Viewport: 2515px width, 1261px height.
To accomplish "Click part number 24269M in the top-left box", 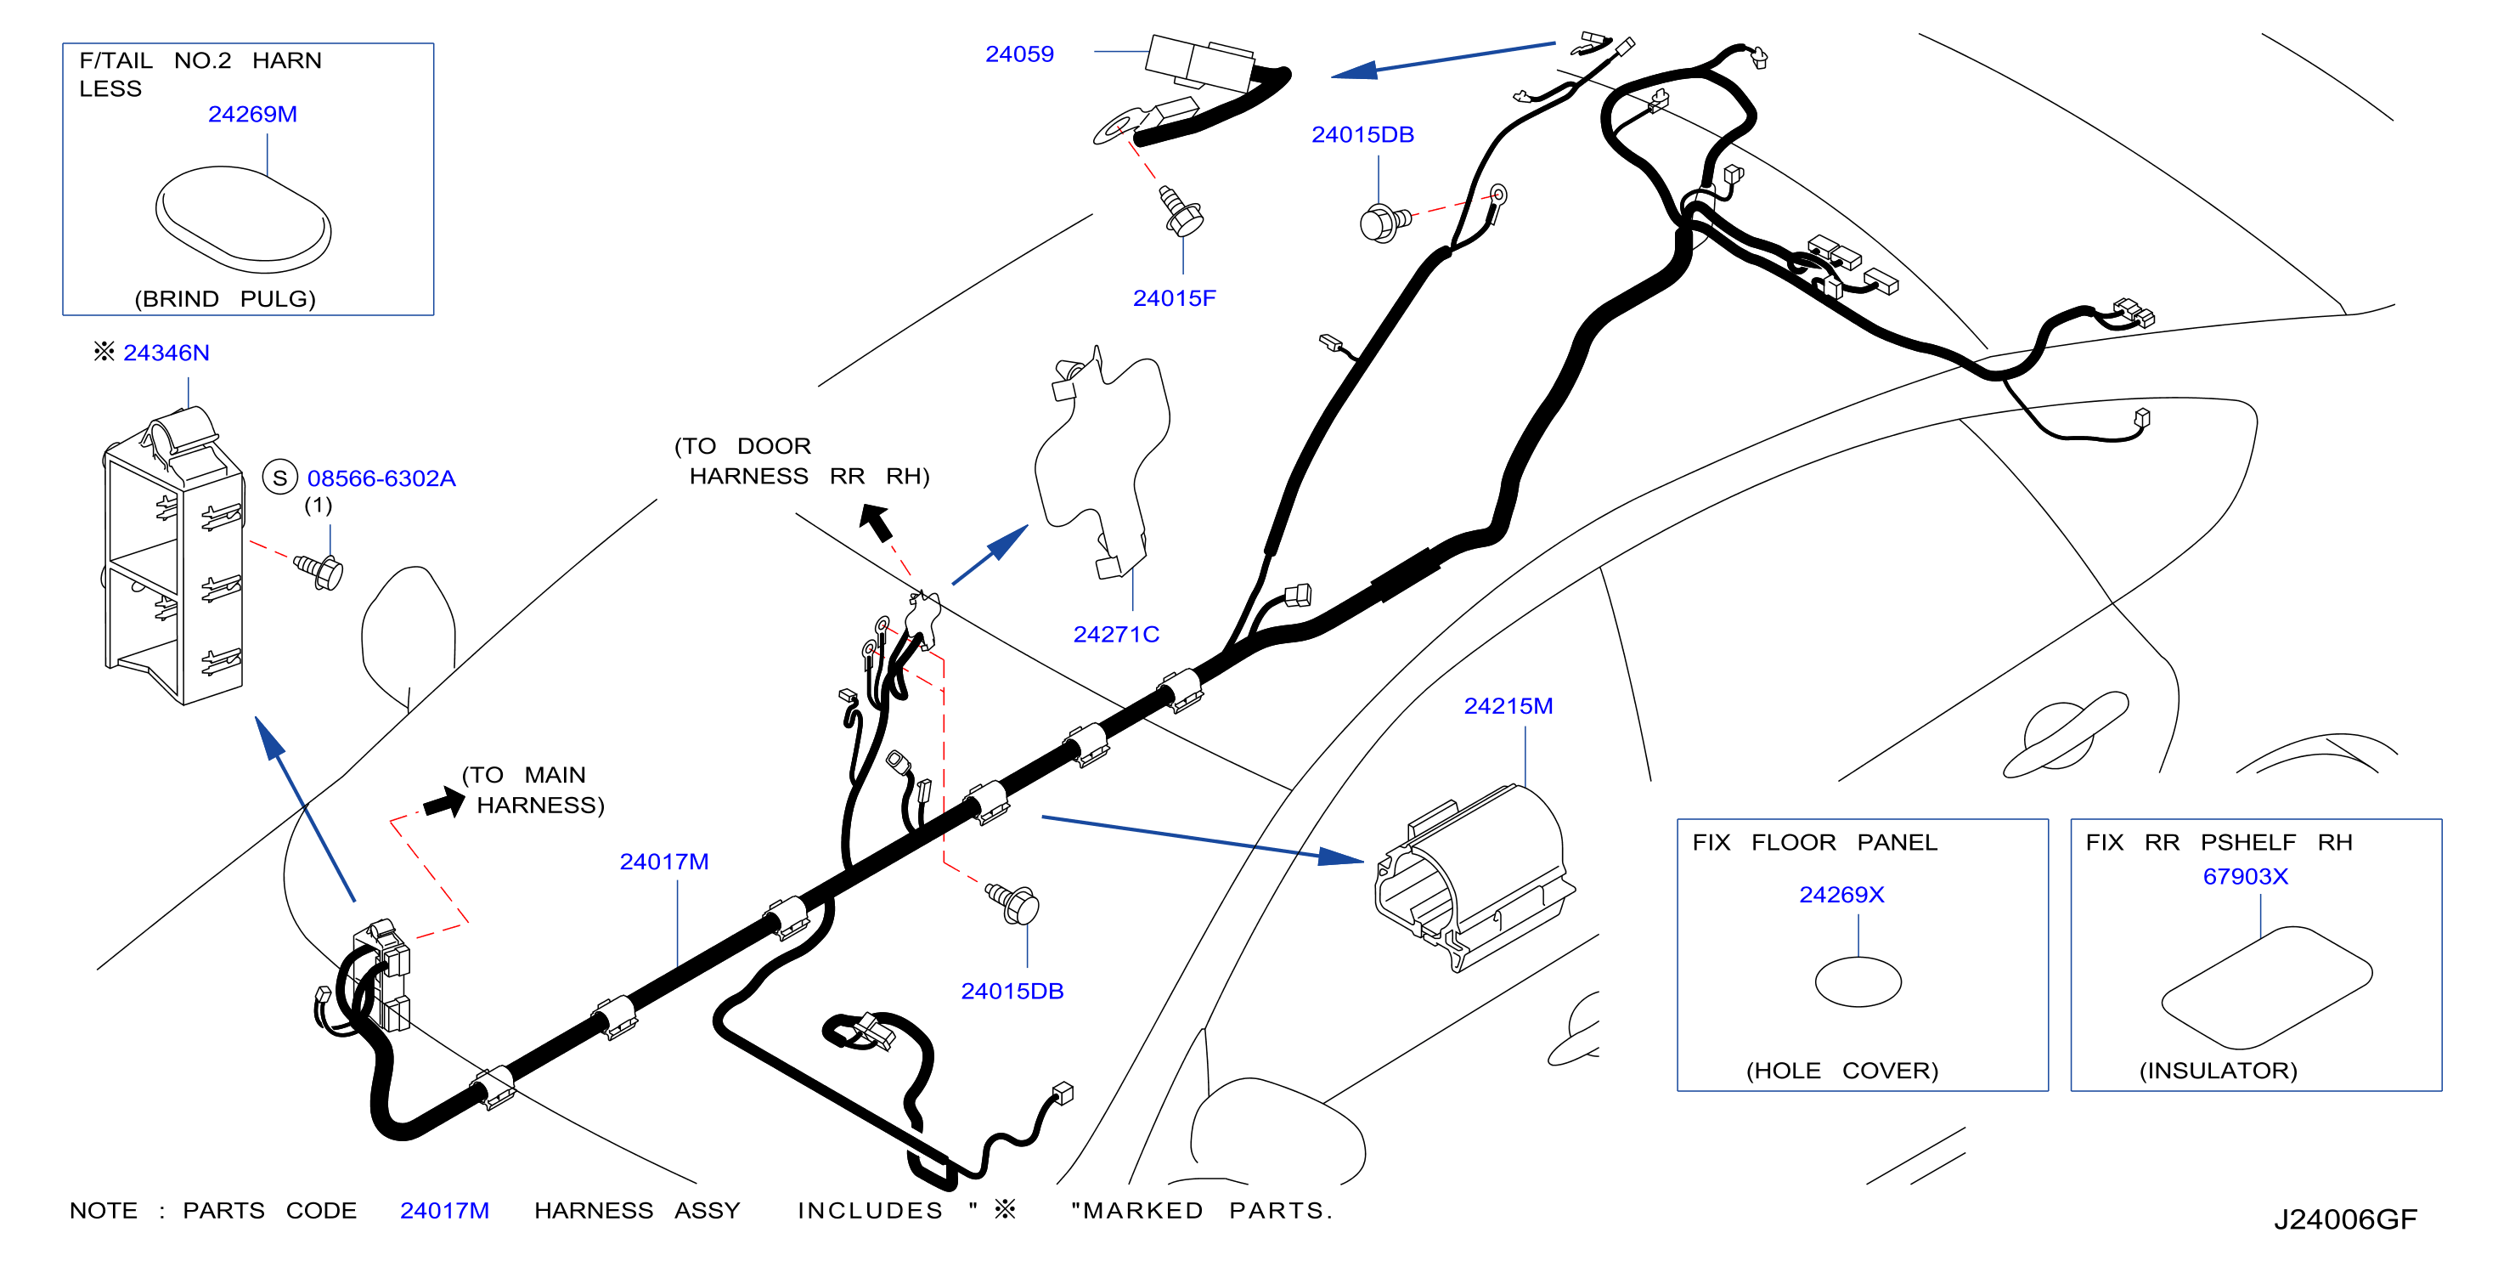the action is tap(252, 114).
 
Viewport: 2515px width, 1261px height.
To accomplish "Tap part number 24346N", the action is tap(166, 353).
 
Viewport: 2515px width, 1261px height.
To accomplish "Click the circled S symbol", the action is tap(280, 478).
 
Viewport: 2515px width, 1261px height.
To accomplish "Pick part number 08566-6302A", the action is tap(381, 478).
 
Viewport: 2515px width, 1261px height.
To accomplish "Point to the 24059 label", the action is tap(1019, 54).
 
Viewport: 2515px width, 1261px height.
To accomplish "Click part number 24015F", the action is tap(1174, 298).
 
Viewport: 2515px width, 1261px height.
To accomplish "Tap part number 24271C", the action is tap(1116, 634).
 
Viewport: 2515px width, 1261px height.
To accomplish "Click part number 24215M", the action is tap(1508, 705).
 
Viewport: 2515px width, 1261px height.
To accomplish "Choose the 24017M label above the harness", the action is tap(664, 862).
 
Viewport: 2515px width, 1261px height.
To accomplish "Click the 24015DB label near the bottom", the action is tap(1012, 991).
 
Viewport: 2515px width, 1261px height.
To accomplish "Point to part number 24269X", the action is tap(1841, 894).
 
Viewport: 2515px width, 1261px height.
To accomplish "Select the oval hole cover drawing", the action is tap(1858, 981).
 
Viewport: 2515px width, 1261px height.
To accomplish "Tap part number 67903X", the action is tap(2245, 876).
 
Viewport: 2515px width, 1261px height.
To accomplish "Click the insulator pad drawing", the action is tap(2266, 987).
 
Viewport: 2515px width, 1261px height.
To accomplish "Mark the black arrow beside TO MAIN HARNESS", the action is tap(444, 803).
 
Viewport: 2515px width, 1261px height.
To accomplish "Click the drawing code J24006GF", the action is tap(2345, 1219).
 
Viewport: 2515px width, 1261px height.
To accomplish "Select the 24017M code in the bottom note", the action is tap(444, 1210).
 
